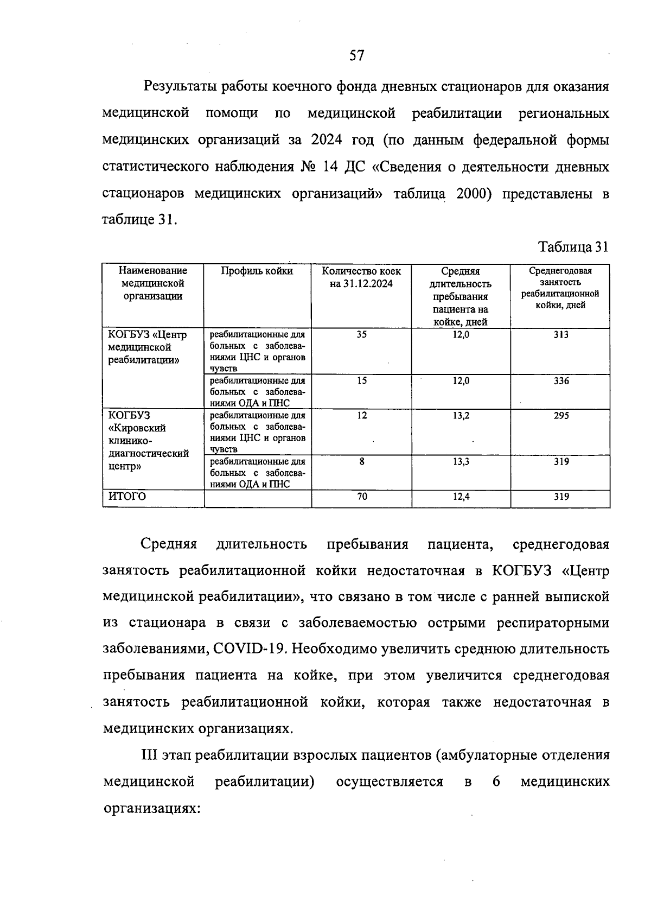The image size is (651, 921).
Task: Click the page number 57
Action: [x=356, y=56]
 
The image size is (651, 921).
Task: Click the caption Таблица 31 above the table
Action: [x=573, y=247]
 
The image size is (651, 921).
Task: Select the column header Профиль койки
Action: [x=257, y=271]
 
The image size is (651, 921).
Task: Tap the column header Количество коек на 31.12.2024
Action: [x=361, y=277]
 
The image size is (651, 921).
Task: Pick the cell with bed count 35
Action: [x=361, y=335]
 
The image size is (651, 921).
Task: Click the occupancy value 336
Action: [x=561, y=381]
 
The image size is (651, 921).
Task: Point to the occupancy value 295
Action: [x=561, y=416]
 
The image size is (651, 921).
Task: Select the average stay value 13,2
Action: [x=461, y=416]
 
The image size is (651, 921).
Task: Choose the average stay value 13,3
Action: [x=461, y=462]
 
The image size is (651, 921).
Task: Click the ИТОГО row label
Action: [x=127, y=497]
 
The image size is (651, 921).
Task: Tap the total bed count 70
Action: [x=362, y=497]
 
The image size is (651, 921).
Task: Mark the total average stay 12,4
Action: [x=461, y=497]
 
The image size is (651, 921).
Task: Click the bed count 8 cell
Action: [x=362, y=462]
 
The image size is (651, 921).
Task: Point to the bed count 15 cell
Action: [x=362, y=381]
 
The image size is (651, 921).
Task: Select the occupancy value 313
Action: [x=561, y=335]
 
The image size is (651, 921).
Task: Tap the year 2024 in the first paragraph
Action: [x=327, y=141]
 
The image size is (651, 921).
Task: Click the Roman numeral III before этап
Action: [x=149, y=755]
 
